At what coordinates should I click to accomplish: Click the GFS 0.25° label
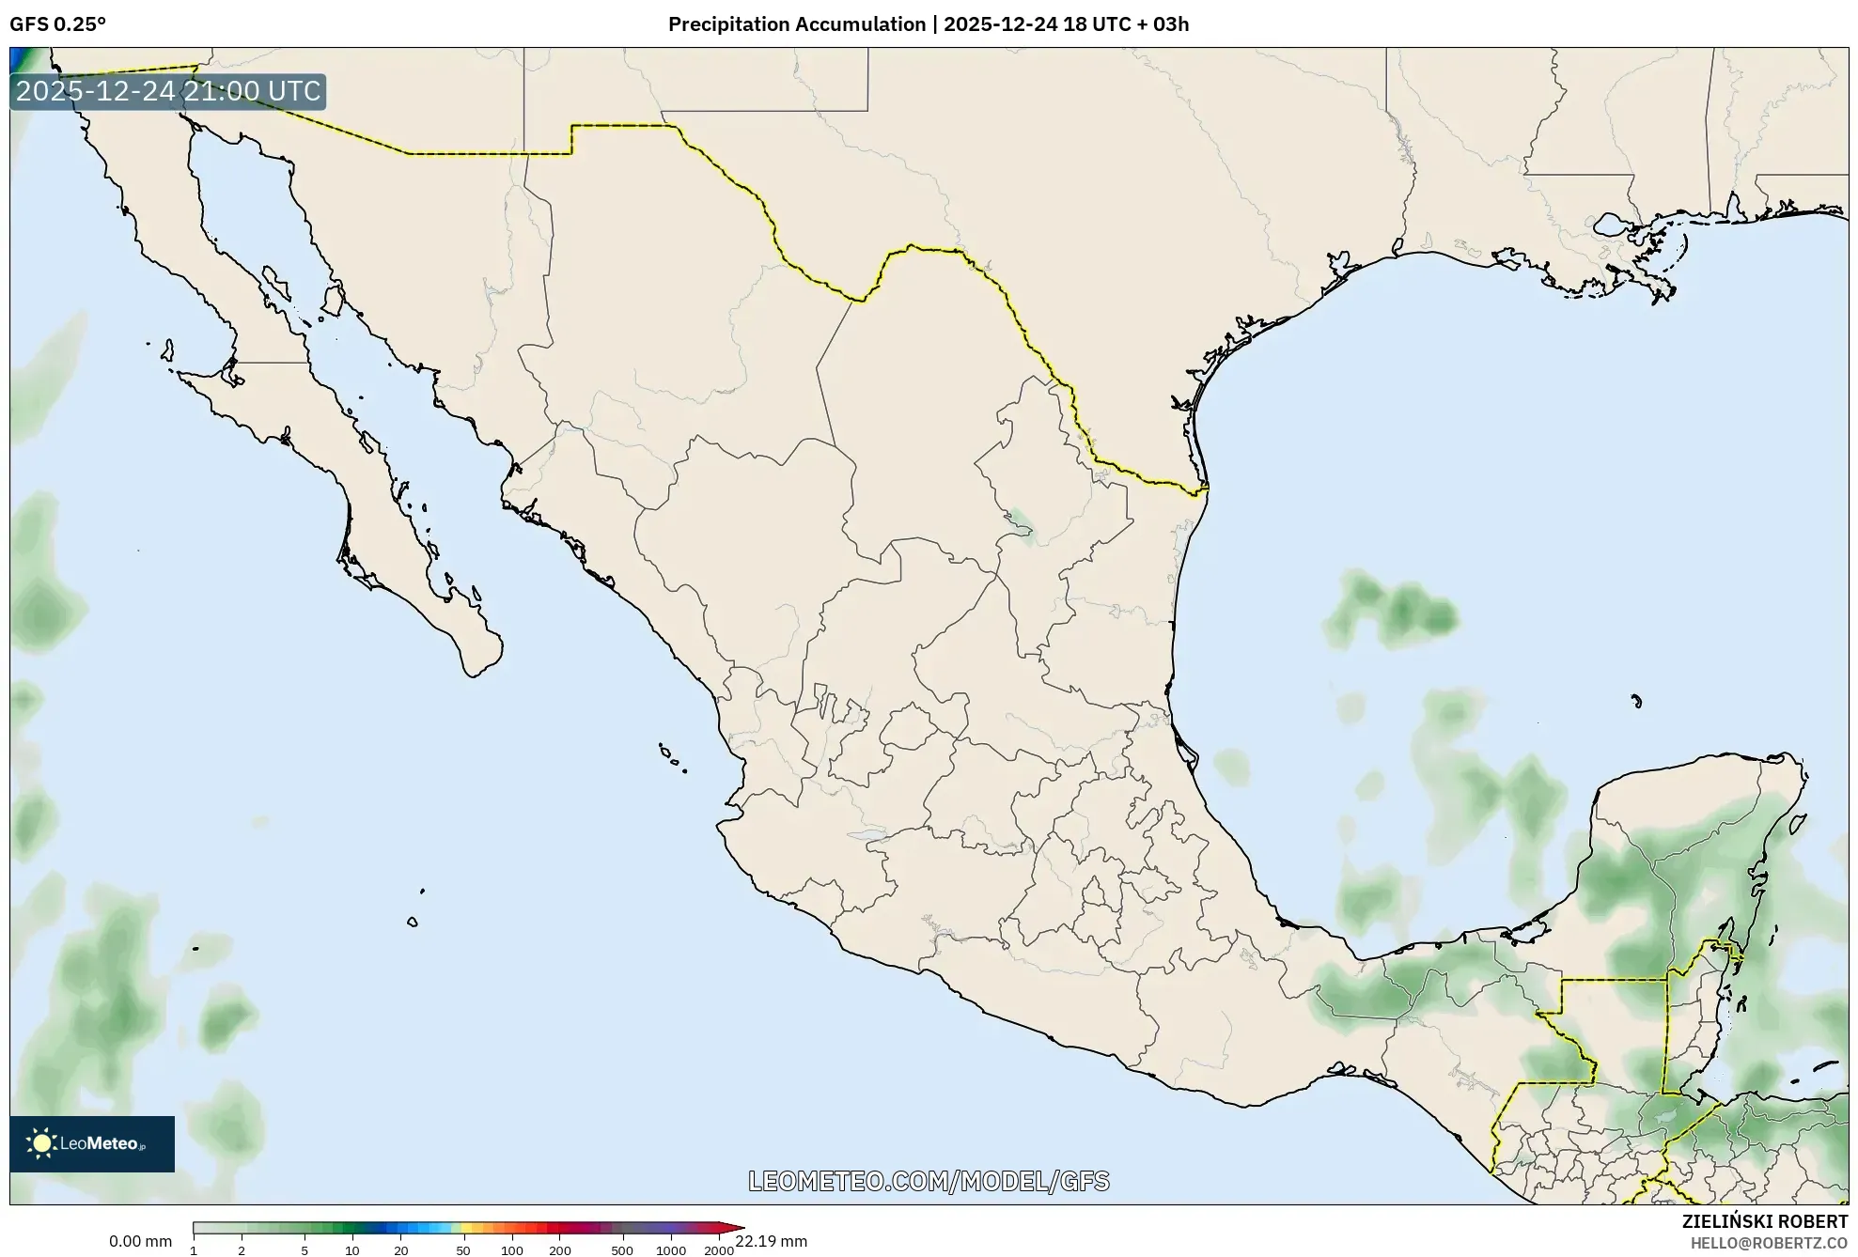point(57,24)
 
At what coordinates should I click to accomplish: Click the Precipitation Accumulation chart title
point(928,24)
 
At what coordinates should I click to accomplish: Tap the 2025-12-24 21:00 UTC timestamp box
point(168,92)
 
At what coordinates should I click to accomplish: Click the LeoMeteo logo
point(92,1143)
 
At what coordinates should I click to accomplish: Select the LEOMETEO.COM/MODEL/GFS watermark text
point(929,1181)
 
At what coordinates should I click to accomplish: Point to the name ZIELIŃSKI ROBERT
point(1764,1221)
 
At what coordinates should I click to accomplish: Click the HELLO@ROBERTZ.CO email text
point(1769,1243)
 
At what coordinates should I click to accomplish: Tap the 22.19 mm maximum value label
point(771,1241)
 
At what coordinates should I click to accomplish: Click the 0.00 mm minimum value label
point(140,1241)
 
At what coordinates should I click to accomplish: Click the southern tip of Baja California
point(476,673)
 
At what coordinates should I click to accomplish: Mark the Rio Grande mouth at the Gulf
point(1206,488)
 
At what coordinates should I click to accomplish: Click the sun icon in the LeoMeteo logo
point(41,1143)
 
